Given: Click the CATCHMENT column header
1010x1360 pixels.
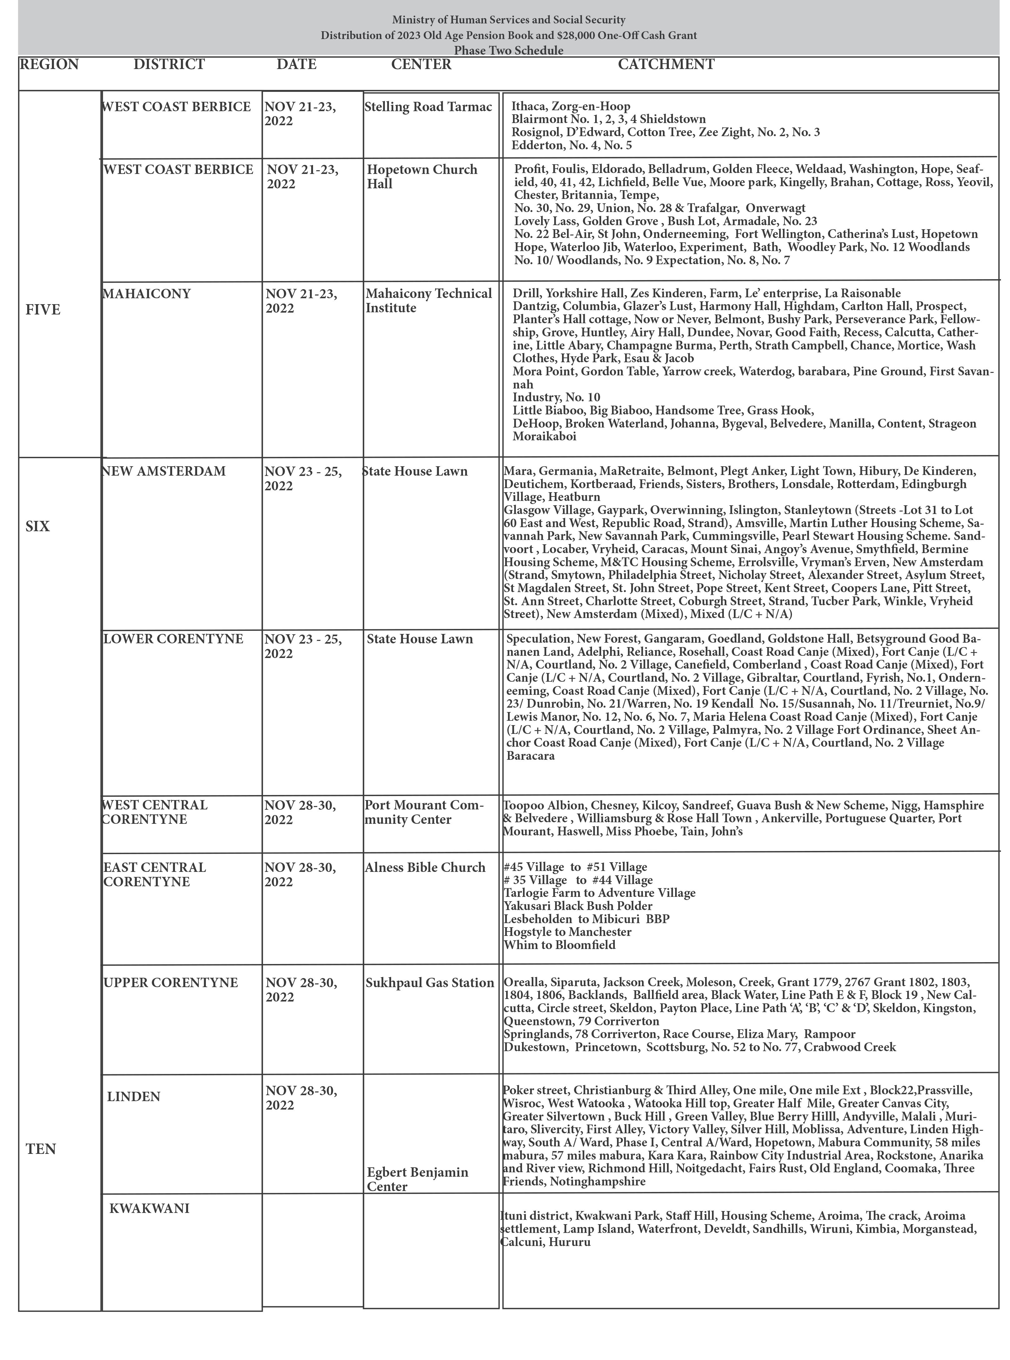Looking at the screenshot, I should tap(666, 64).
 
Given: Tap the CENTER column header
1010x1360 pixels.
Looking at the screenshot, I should tap(421, 65).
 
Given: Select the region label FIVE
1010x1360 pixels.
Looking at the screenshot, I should tap(43, 310).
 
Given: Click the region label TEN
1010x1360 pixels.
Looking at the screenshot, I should tap(41, 1149).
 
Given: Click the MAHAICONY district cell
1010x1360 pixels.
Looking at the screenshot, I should tap(147, 294).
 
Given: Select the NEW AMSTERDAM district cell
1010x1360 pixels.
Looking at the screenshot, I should tap(164, 471).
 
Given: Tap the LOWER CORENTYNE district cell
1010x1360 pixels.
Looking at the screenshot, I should tap(173, 639).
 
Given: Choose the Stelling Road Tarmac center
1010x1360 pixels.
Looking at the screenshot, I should tap(428, 107).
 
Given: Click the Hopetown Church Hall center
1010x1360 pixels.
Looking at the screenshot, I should tap(422, 177).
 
